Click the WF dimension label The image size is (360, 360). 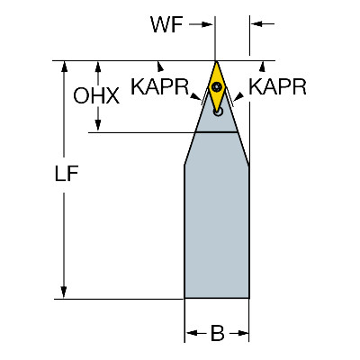(166, 24)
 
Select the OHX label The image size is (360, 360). (96, 96)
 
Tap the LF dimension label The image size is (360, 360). (67, 174)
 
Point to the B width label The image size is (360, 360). (218, 333)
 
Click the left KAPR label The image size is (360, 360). (160, 87)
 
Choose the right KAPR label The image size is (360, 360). (277, 87)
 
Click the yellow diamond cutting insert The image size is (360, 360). (217, 86)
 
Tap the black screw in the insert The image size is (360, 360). (217, 87)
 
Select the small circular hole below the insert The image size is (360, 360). (218, 112)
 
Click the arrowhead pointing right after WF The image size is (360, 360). (207, 24)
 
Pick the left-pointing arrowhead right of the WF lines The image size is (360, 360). (257, 24)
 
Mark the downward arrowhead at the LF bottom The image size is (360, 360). (64, 292)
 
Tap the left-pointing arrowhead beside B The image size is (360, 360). (192, 333)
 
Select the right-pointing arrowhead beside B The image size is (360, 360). (243, 333)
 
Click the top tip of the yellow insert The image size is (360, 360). (217, 61)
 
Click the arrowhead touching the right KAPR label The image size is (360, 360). (238, 96)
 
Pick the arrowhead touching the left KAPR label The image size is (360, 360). (196, 96)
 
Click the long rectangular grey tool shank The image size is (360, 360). (217, 231)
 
